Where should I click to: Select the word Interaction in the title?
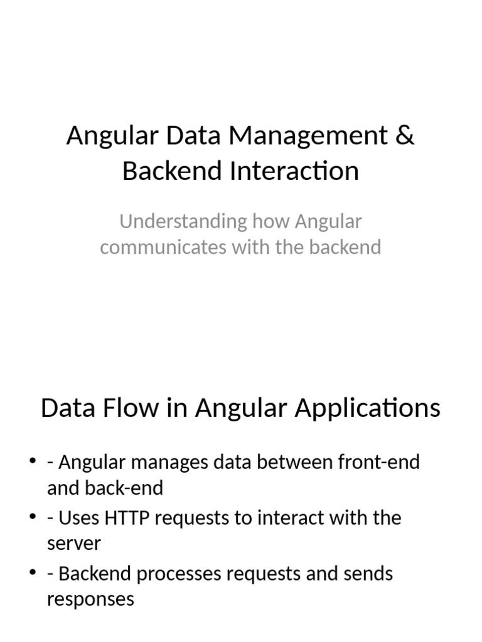coord(294,171)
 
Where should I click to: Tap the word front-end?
coord(378,463)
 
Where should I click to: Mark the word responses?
coord(90,599)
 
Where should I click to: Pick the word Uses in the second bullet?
coord(79,518)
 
